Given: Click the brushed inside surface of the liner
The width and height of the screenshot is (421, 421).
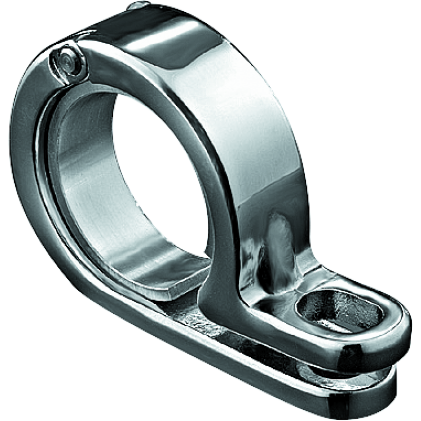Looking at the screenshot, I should point(95,174).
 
